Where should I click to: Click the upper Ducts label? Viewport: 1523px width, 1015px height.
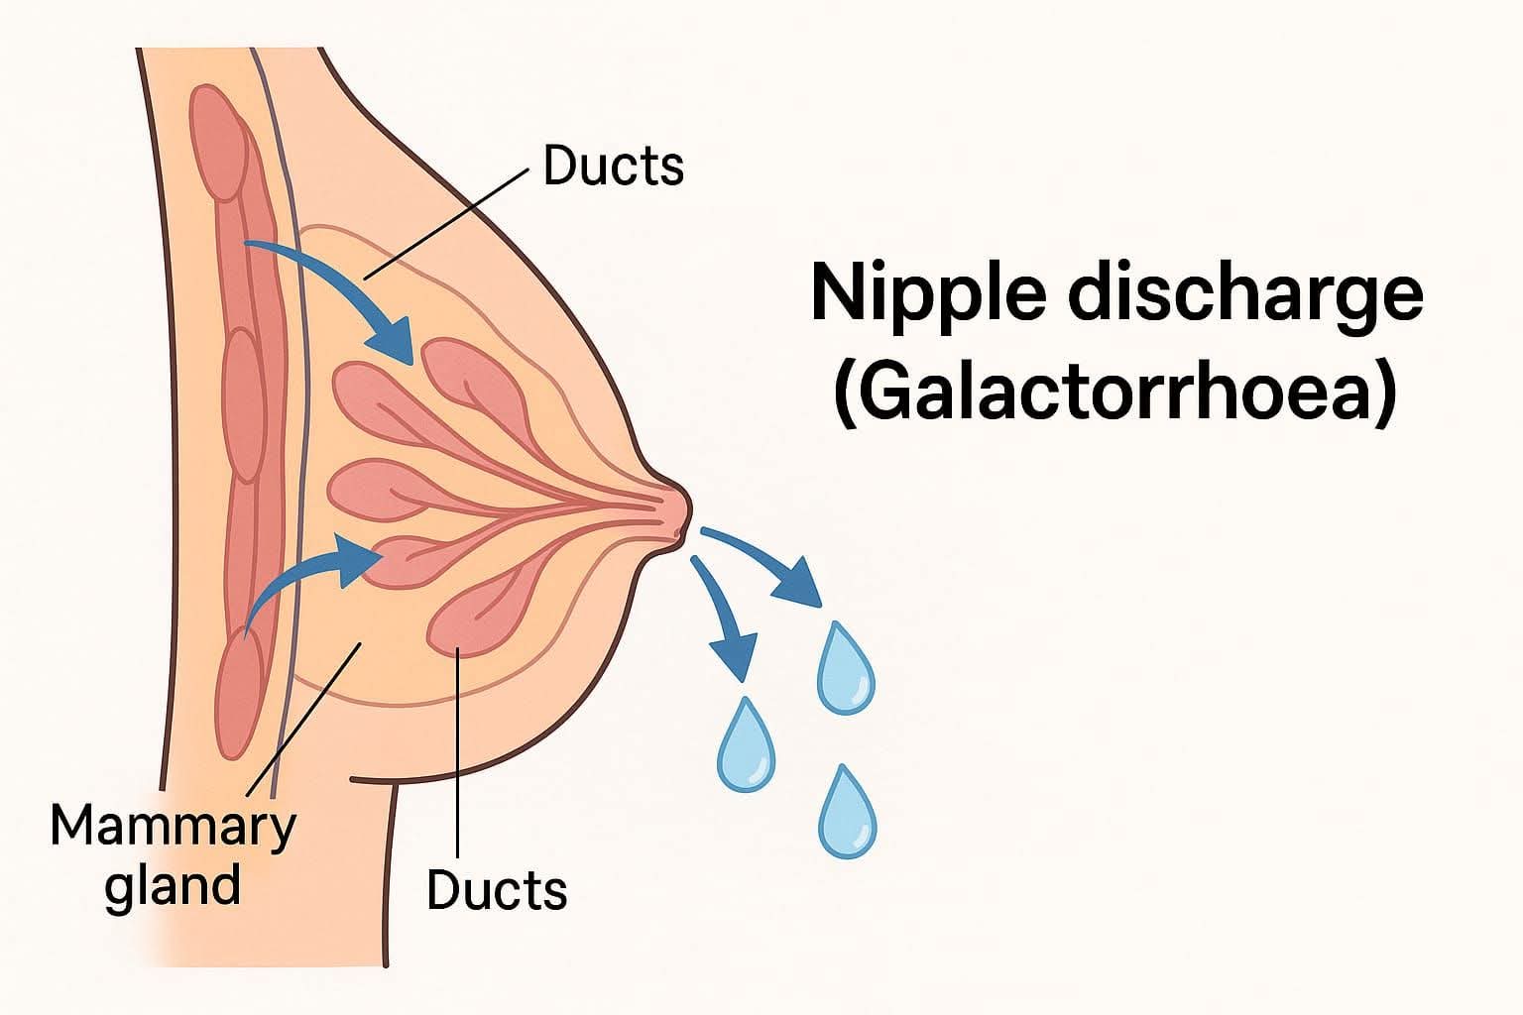click(614, 166)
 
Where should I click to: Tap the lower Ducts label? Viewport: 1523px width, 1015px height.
click(497, 889)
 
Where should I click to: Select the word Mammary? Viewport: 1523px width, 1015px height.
click(173, 824)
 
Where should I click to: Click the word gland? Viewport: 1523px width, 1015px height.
click(173, 883)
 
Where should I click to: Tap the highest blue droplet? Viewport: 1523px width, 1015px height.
click(845, 667)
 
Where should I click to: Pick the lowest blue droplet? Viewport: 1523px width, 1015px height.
click(848, 812)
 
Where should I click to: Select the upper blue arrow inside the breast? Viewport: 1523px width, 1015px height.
click(337, 287)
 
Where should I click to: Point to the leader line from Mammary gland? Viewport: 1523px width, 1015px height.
click(302, 719)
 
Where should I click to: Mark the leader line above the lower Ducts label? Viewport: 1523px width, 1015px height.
click(458, 753)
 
